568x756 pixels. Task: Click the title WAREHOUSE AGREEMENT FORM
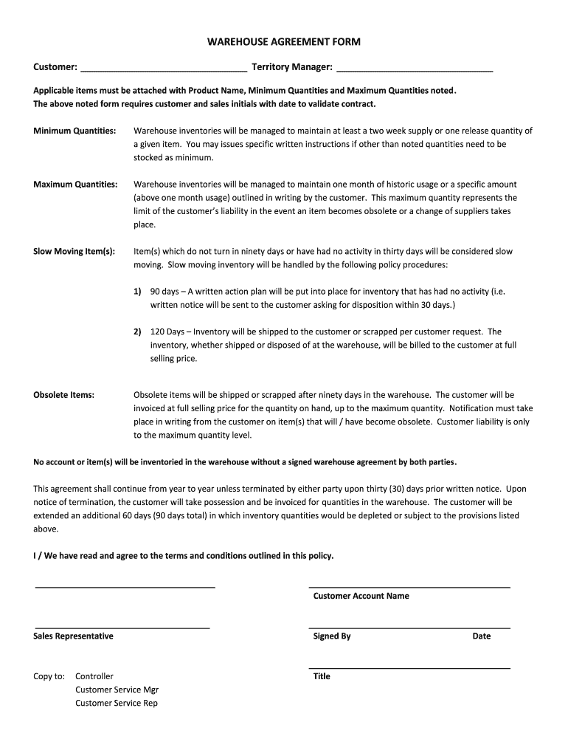pyautogui.click(x=284, y=42)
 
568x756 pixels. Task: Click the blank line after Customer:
pyautogui.click(x=164, y=69)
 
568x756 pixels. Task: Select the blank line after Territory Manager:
pyautogui.click(x=415, y=69)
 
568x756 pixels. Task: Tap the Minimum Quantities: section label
pyautogui.click(x=75, y=131)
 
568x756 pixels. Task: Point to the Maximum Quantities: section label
pyautogui.click(x=75, y=184)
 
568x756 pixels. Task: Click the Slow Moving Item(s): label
pyautogui.click(x=74, y=251)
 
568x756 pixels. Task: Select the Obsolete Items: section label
pyautogui.click(x=63, y=395)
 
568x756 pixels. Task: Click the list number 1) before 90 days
pyautogui.click(x=137, y=292)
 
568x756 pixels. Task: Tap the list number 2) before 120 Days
pyautogui.click(x=137, y=331)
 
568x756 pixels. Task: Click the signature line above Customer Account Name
pyautogui.click(x=409, y=587)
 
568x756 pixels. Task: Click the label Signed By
pyautogui.click(x=332, y=636)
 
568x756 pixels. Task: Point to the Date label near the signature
pyautogui.click(x=482, y=636)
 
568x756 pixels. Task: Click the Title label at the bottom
pyautogui.click(x=322, y=676)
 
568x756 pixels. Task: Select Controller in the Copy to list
pyautogui.click(x=94, y=676)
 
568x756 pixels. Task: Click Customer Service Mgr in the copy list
pyautogui.click(x=117, y=690)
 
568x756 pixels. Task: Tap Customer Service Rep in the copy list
pyautogui.click(x=116, y=703)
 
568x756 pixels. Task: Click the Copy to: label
pyautogui.click(x=49, y=676)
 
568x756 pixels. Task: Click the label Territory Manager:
pyautogui.click(x=291, y=67)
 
